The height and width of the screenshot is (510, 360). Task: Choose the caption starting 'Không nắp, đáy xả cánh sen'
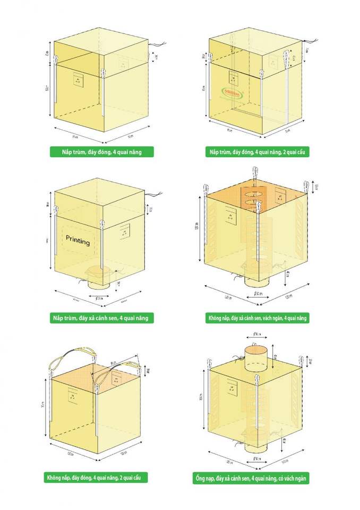(257, 318)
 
